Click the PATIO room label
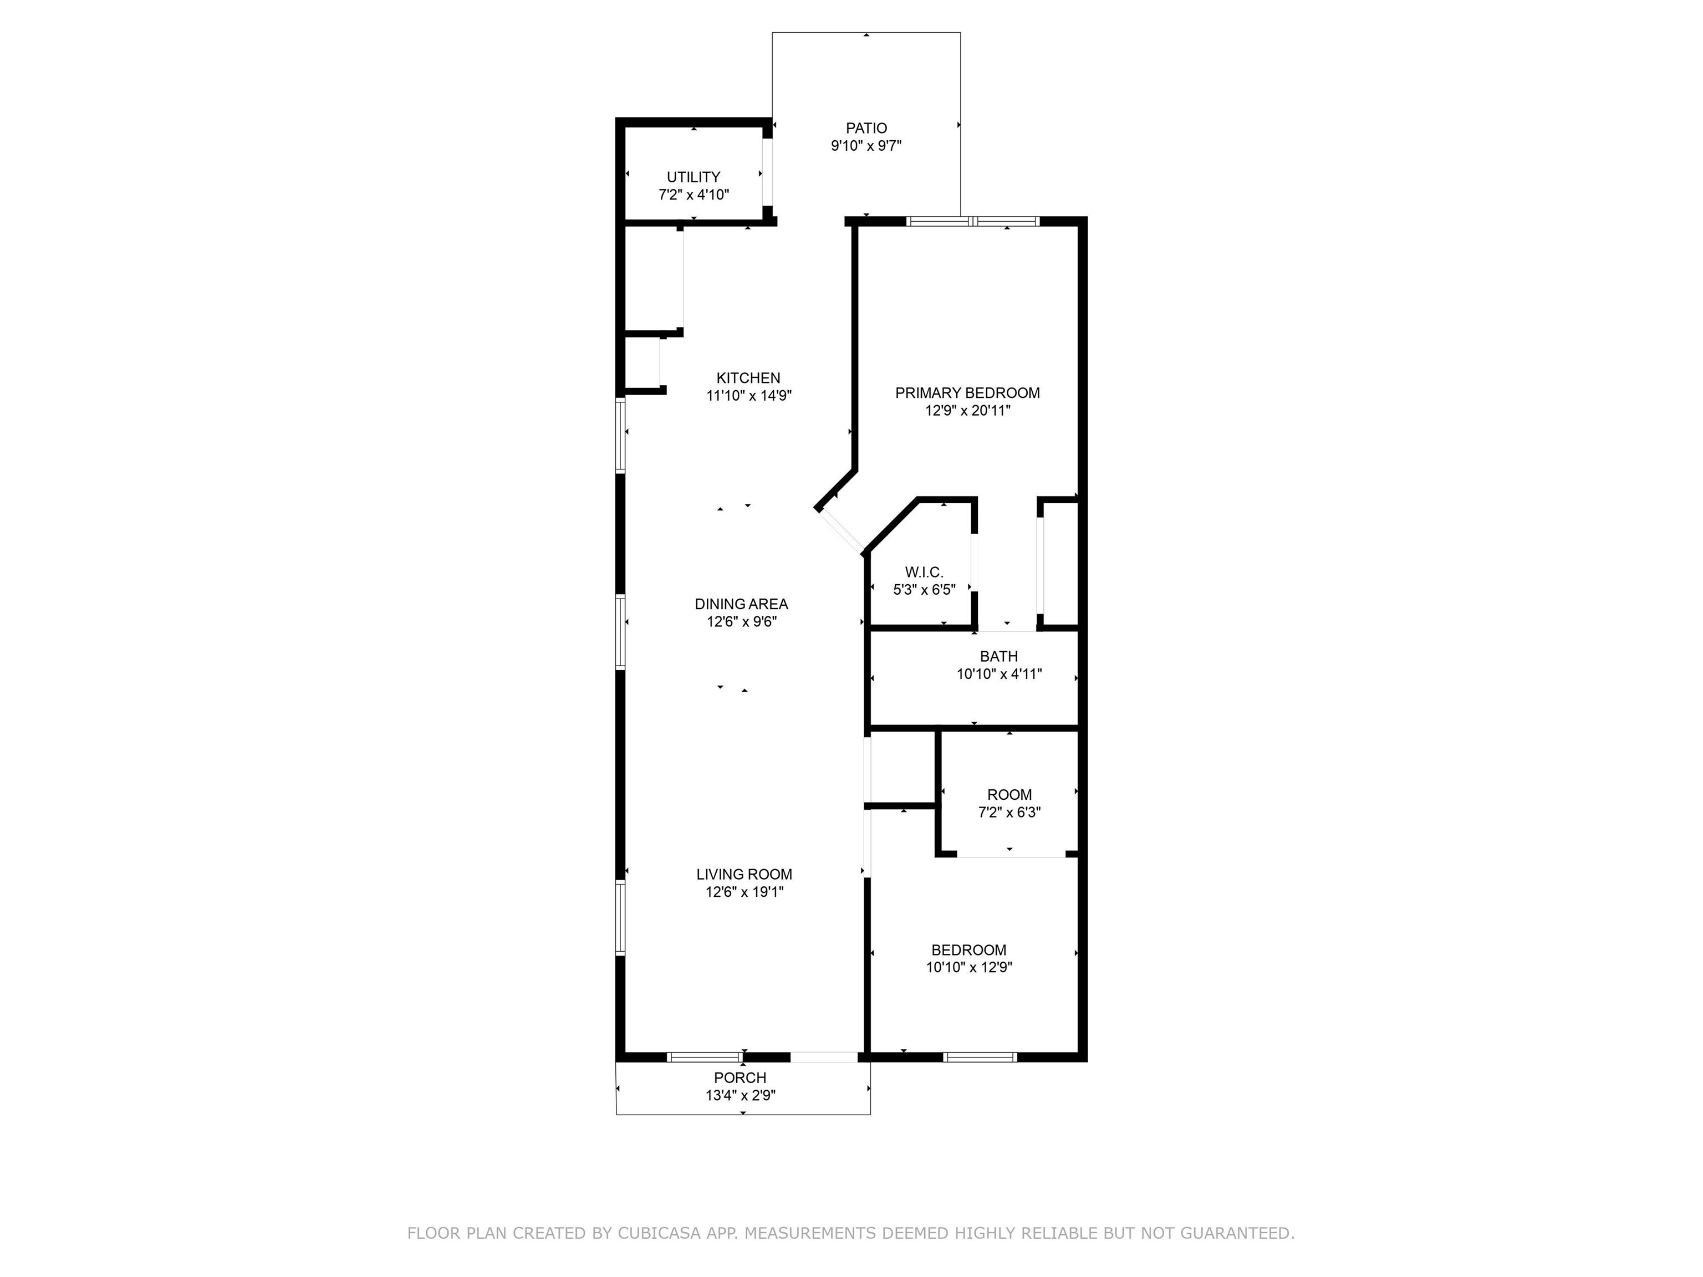pyautogui.click(x=866, y=129)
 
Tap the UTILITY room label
pyautogui.click(x=694, y=177)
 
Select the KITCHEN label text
pyautogui.click(x=748, y=378)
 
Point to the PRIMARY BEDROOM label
pyautogui.click(x=968, y=392)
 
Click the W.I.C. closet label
pyautogui.click(x=924, y=572)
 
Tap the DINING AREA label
pyautogui.click(x=741, y=604)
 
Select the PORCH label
pyautogui.click(x=740, y=1077)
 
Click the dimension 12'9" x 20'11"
pyautogui.click(x=968, y=410)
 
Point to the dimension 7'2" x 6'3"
pyautogui.click(x=1009, y=812)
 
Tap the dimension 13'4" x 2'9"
pyautogui.click(x=740, y=1095)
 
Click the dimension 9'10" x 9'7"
pyautogui.click(x=866, y=145)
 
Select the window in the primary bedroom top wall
pyautogui.click(x=973, y=222)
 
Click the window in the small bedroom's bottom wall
pyautogui.click(x=980, y=1057)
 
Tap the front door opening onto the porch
pyautogui.click(x=824, y=1057)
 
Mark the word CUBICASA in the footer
pyautogui.click(x=659, y=1233)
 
